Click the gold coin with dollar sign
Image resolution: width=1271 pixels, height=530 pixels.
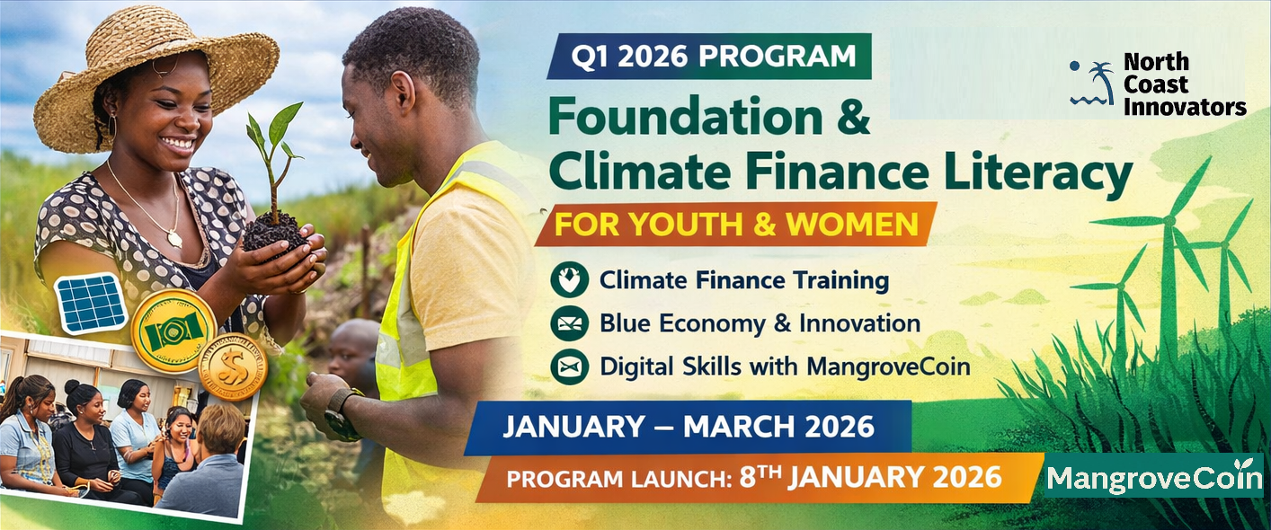pos(233,367)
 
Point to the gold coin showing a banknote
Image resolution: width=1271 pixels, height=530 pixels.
pos(173,331)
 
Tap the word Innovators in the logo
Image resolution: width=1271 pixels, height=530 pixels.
pos(1185,107)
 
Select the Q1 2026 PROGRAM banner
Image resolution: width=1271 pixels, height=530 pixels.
pos(709,56)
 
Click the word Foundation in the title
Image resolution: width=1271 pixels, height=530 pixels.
pos(686,118)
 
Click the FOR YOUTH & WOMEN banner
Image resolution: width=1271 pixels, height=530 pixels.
pos(736,224)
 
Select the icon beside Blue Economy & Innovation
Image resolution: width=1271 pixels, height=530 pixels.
pos(569,323)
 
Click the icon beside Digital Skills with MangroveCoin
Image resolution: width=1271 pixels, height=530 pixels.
pos(569,367)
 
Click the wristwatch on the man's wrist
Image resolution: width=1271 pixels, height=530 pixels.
pos(341,412)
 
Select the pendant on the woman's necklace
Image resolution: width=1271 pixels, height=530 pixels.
pos(174,239)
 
